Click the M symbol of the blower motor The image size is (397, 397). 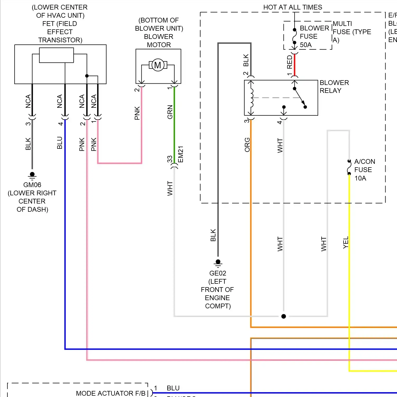pyautogui.click(x=158, y=65)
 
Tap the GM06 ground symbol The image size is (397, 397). pyautogui.click(x=32, y=175)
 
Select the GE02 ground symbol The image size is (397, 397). pyautogui.click(x=218, y=263)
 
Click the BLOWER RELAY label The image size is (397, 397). pyautogui.click(x=334, y=87)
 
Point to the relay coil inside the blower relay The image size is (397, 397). pyautogui.click(x=251, y=98)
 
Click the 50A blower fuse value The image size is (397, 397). pyautogui.click(x=306, y=45)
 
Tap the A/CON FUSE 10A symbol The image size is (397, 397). pyautogui.click(x=349, y=167)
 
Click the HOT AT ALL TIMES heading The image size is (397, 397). pyautogui.click(x=292, y=7)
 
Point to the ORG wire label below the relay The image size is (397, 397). pyautogui.click(x=247, y=145)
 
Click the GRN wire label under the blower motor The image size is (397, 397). pyautogui.click(x=170, y=112)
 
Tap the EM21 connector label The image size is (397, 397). pyautogui.click(x=181, y=154)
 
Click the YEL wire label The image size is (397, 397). pyautogui.click(x=346, y=242)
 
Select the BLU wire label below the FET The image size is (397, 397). pyautogui.click(x=60, y=143)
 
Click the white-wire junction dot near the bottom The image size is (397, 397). pyautogui.click(x=283, y=316)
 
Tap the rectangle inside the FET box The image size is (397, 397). pyautogui.click(x=56, y=55)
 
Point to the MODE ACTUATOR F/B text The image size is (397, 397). pyautogui.click(x=111, y=393)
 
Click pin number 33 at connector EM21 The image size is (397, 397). pyautogui.click(x=170, y=159)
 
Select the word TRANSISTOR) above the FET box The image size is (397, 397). pyautogui.click(x=60, y=40)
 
